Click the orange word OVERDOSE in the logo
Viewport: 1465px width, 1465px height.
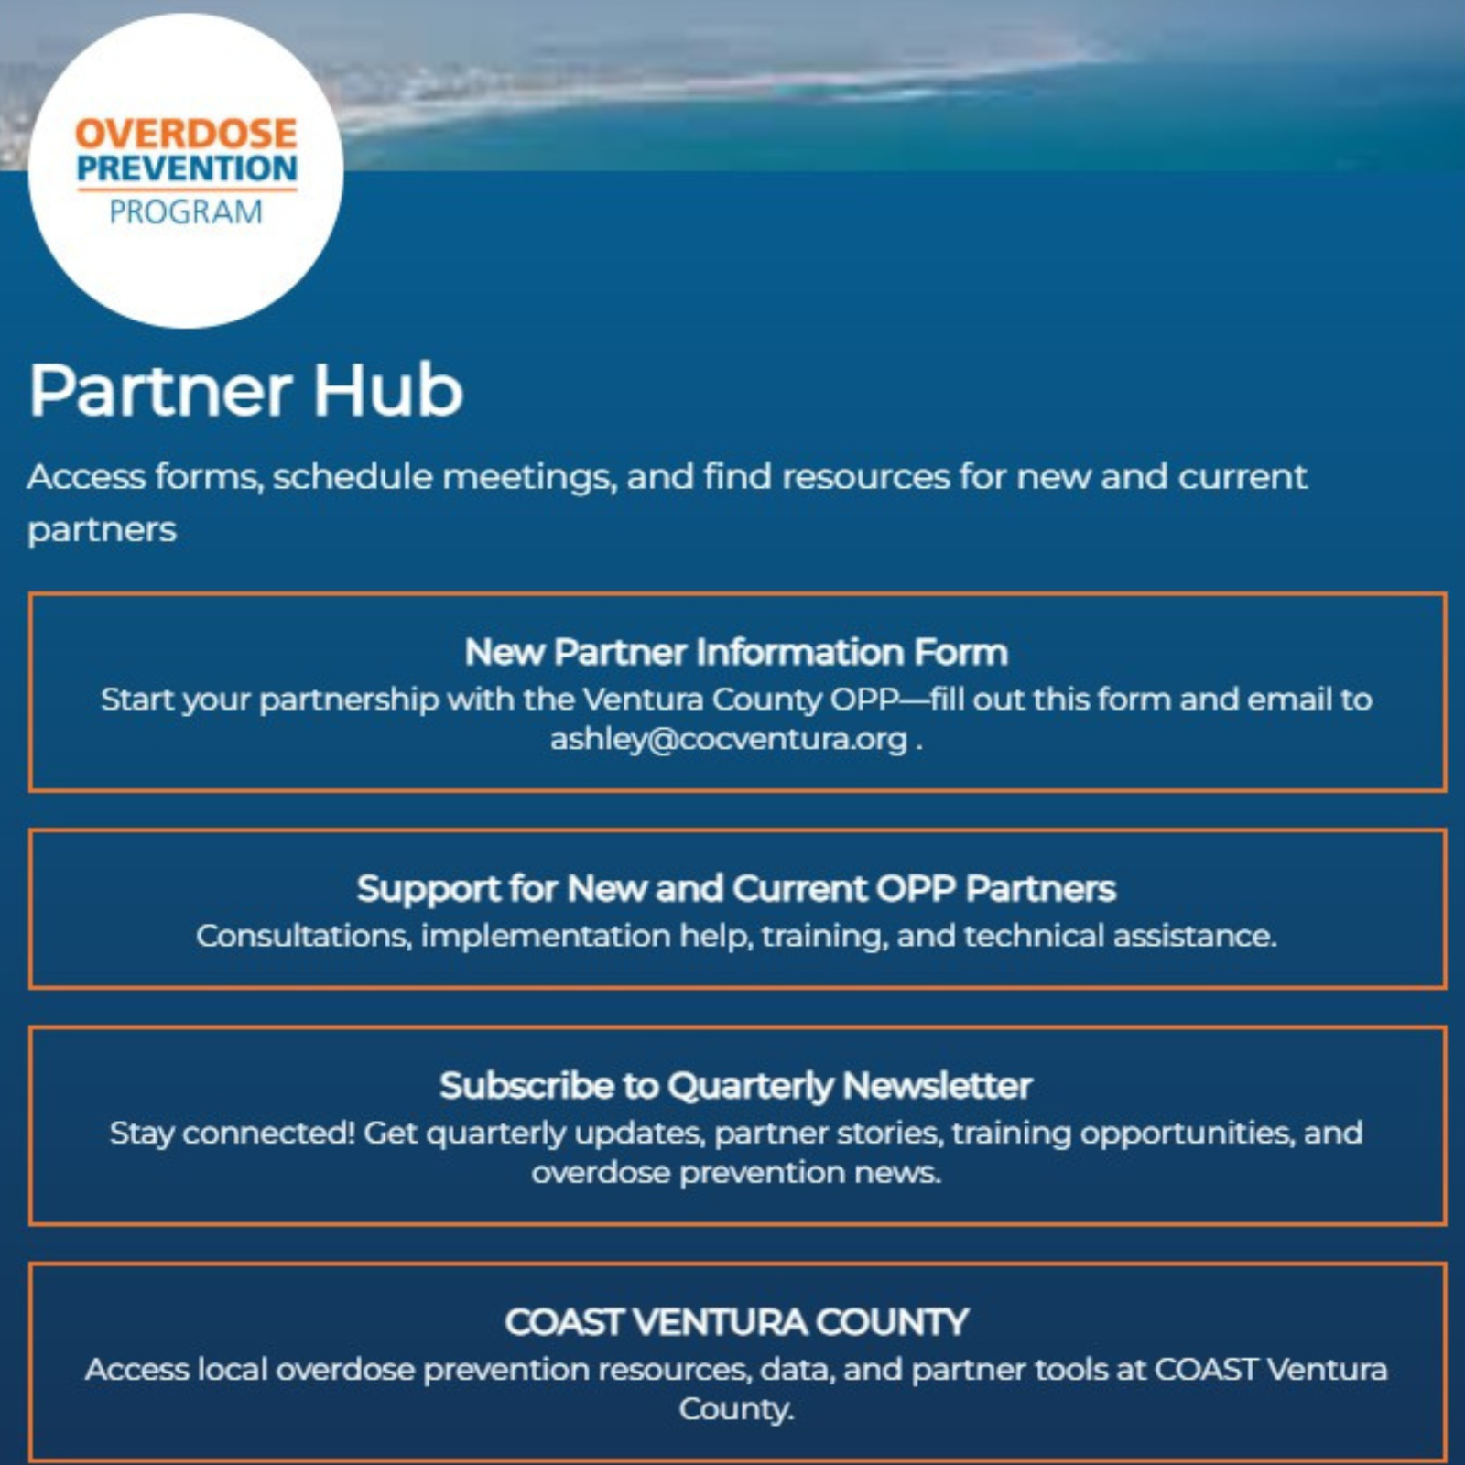[x=186, y=134]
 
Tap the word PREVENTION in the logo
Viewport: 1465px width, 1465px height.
[x=187, y=168]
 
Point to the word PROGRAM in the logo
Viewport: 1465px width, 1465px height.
[x=186, y=212]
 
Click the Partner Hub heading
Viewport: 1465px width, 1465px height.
[x=245, y=390]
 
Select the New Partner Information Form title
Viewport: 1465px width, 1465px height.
[x=736, y=652]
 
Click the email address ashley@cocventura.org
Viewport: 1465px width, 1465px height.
[x=729, y=738]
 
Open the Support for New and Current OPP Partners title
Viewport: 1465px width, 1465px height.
[x=736, y=888]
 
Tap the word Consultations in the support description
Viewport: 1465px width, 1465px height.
[x=304, y=936]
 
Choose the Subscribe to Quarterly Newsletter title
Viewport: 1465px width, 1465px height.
[x=736, y=1085]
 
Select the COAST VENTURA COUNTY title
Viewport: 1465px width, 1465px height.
[x=736, y=1321]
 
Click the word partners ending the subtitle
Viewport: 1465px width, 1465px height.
[x=102, y=530]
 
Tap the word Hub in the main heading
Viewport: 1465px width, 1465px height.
[x=389, y=390]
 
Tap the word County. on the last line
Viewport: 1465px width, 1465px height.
[x=736, y=1409]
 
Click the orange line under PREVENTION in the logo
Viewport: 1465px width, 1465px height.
[x=187, y=190]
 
